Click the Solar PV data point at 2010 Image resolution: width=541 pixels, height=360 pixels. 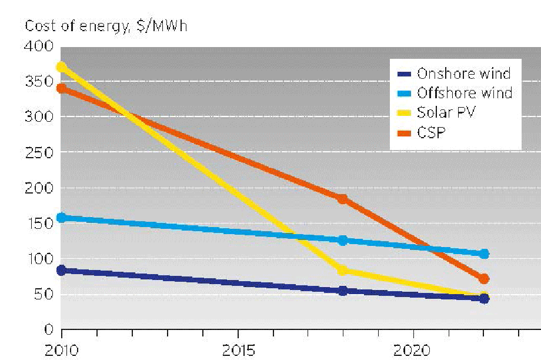click(x=61, y=67)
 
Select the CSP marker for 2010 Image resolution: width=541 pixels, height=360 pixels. click(x=61, y=89)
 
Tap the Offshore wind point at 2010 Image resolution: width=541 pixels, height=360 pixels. click(x=61, y=218)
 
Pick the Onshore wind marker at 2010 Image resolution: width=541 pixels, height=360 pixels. click(x=61, y=271)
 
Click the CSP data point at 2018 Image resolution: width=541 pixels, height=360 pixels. click(x=343, y=199)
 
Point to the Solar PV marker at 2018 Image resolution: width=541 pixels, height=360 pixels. click(x=343, y=271)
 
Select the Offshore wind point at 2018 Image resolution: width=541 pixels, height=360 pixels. click(x=343, y=240)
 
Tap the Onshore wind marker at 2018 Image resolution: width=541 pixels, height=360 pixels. click(x=343, y=291)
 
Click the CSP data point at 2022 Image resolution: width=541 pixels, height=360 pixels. click(x=484, y=279)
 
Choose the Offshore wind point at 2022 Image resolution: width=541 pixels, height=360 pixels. click(x=484, y=254)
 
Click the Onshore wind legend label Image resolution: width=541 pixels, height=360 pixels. click(x=463, y=74)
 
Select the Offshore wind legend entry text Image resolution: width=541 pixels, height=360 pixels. click(x=465, y=93)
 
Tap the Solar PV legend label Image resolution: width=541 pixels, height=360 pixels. click(x=445, y=112)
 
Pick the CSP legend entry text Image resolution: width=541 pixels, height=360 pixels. click(x=431, y=132)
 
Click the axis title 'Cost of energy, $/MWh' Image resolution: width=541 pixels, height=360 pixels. click(x=106, y=26)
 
